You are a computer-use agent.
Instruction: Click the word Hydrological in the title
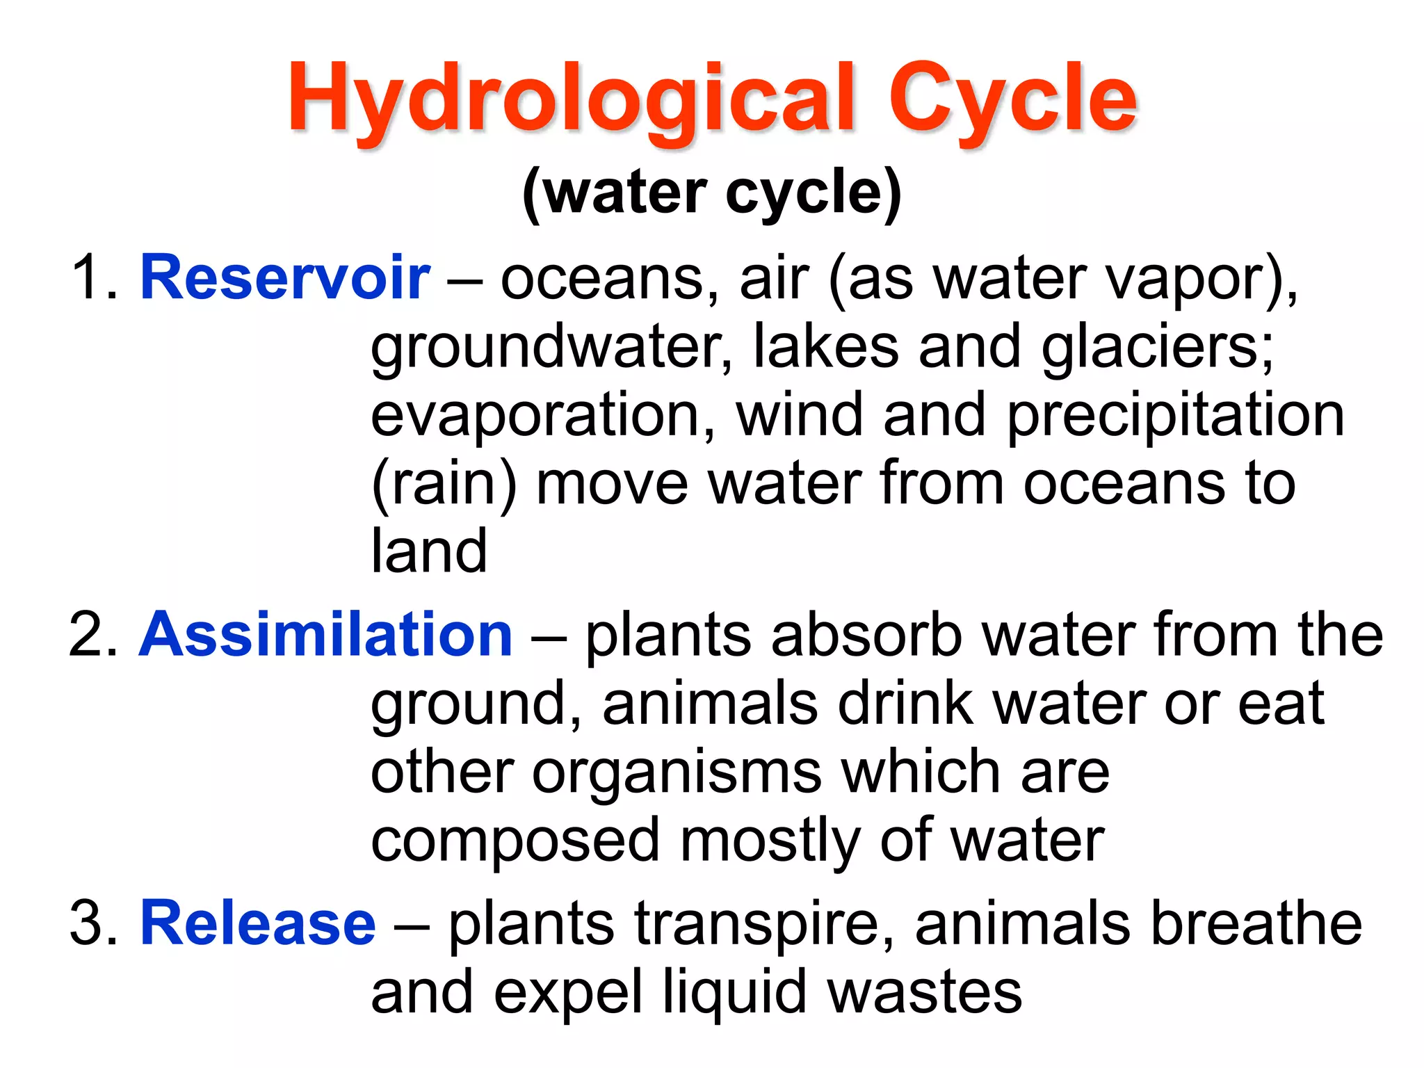coord(570,99)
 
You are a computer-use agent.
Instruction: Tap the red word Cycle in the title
coord(1012,99)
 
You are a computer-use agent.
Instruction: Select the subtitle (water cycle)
coord(712,193)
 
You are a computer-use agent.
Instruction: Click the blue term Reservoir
coord(285,278)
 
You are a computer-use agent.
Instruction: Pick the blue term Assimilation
coord(325,635)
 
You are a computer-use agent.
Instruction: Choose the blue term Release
coord(258,923)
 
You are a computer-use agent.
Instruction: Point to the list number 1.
coord(94,278)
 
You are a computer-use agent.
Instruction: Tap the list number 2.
coord(94,635)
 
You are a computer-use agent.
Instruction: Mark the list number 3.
coord(94,923)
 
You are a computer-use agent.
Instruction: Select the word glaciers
coord(1157,348)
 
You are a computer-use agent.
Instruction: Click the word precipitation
coord(1176,416)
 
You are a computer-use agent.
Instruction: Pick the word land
coord(429,551)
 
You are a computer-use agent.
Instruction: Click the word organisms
coord(677,772)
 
